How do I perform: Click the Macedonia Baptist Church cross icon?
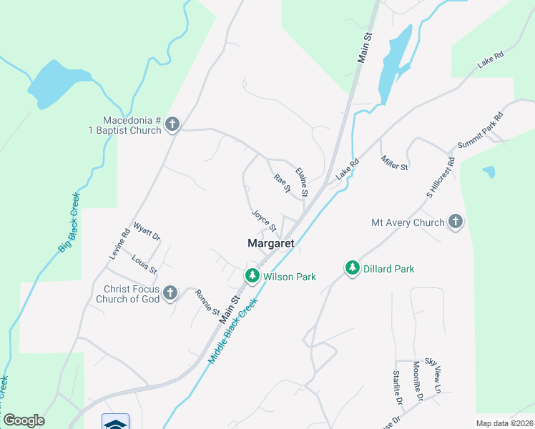(172, 125)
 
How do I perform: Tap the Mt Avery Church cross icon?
(456, 222)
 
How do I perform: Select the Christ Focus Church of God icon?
(170, 292)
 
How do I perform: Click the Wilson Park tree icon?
(252, 275)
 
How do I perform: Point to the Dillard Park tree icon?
(352, 268)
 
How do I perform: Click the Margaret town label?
(271, 243)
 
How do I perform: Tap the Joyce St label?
(263, 220)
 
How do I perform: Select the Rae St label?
(282, 183)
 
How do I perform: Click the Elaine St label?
(302, 182)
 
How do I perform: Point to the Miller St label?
(394, 162)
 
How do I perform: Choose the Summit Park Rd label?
(481, 130)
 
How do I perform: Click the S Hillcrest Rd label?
(440, 178)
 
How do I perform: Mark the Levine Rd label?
(119, 242)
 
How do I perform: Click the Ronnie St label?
(206, 302)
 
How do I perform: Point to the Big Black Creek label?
(69, 222)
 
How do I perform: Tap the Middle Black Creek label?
(232, 332)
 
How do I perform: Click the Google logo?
(24, 420)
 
